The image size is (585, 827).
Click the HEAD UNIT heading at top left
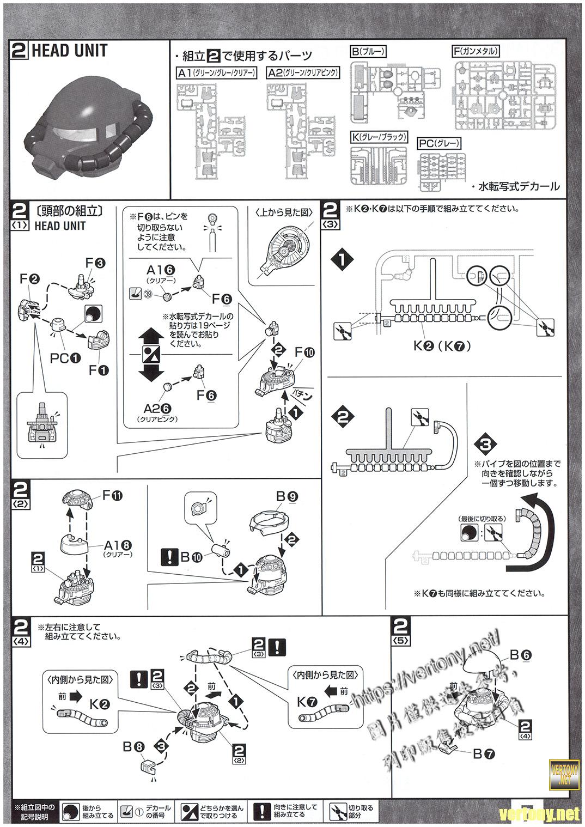(69, 51)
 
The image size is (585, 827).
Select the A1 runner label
(216, 73)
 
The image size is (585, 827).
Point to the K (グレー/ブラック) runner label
(379, 137)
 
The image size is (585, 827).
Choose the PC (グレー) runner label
(439, 144)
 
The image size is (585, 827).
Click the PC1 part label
(65, 357)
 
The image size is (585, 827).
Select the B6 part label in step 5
(520, 655)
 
